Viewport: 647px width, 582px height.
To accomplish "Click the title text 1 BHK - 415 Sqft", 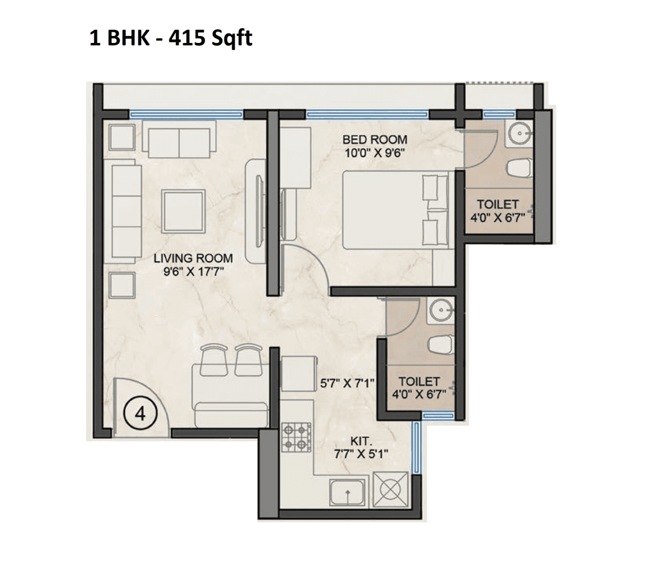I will coord(171,38).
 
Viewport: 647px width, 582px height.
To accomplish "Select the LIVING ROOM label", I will coord(193,258).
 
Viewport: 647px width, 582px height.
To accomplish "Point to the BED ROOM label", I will coord(375,140).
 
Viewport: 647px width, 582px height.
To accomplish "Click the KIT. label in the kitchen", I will coord(360,441).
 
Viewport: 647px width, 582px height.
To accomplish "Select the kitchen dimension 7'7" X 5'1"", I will coord(360,454).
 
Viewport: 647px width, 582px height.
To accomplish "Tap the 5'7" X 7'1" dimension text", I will coord(347,383).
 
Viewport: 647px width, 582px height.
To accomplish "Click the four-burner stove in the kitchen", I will coord(296,437).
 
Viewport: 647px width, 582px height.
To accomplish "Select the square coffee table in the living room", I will coord(183,210).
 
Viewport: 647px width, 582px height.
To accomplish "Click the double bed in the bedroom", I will coord(395,210).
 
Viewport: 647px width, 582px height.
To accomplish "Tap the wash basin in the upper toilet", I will coord(519,134).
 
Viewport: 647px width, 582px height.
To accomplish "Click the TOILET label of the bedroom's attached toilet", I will coord(498,205).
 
